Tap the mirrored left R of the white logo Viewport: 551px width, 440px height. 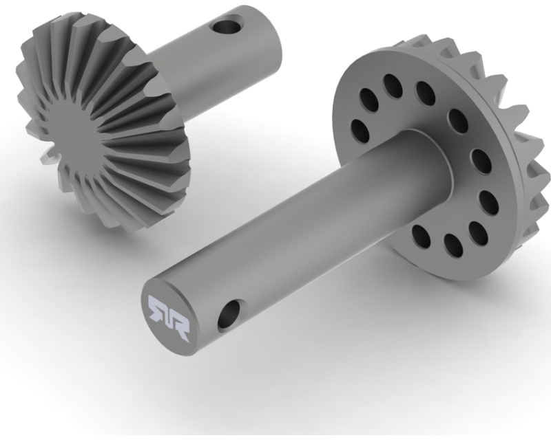pos(158,309)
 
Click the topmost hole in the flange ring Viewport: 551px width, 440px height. pos(393,85)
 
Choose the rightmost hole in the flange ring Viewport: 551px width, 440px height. pos(488,202)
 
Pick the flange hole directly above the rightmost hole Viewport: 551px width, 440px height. pos(481,160)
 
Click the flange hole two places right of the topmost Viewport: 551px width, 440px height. pos(458,120)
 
